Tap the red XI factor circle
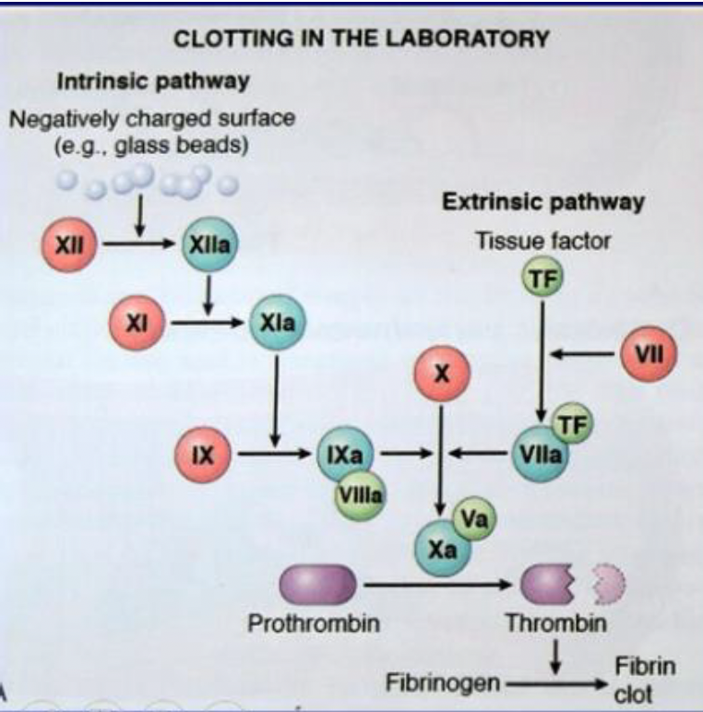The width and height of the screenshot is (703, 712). [x=136, y=323]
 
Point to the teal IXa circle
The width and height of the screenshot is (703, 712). [x=343, y=454]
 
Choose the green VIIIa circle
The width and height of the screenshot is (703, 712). [x=361, y=494]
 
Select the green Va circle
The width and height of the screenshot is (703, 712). [x=474, y=520]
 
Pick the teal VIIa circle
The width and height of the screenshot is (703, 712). [x=540, y=454]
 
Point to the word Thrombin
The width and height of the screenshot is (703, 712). [x=555, y=623]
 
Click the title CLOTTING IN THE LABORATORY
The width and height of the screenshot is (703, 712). [x=363, y=39]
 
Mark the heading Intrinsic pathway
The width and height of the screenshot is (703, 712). [x=153, y=81]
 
